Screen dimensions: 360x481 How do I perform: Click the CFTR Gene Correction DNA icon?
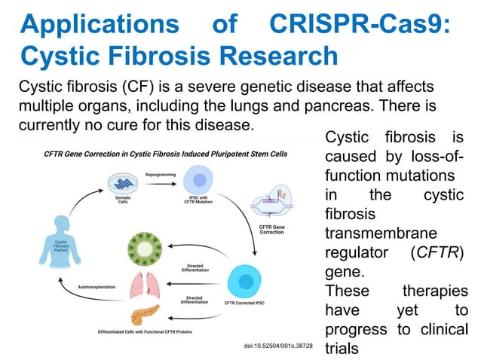point(272,204)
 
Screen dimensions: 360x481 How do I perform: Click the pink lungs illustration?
point(142,284)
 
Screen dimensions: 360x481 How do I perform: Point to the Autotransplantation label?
point(99,288)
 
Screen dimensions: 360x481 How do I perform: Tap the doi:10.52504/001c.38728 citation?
point(278,345)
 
